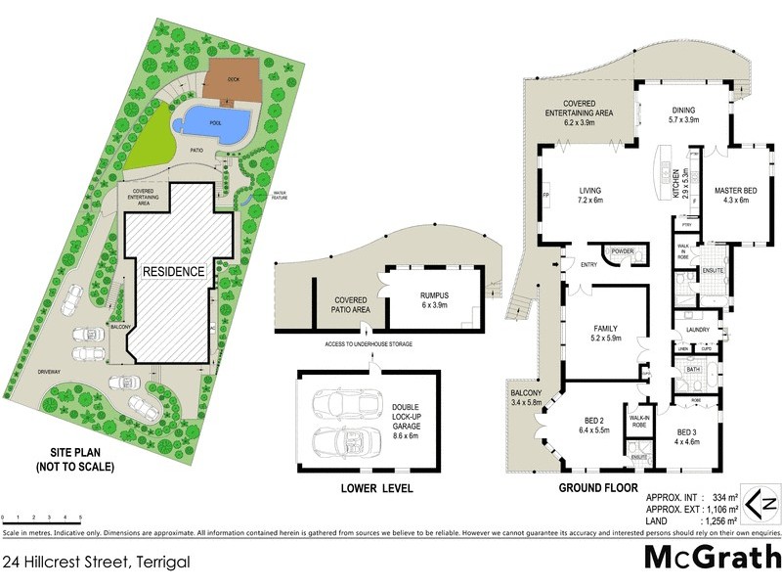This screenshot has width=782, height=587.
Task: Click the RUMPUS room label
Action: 434,297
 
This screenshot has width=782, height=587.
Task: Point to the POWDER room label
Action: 623,250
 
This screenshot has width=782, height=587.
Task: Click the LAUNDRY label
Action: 697,330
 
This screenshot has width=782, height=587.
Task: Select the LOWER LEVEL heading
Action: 376,488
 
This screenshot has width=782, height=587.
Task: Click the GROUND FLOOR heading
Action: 597,487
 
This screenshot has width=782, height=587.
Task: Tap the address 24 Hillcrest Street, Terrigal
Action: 95,562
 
